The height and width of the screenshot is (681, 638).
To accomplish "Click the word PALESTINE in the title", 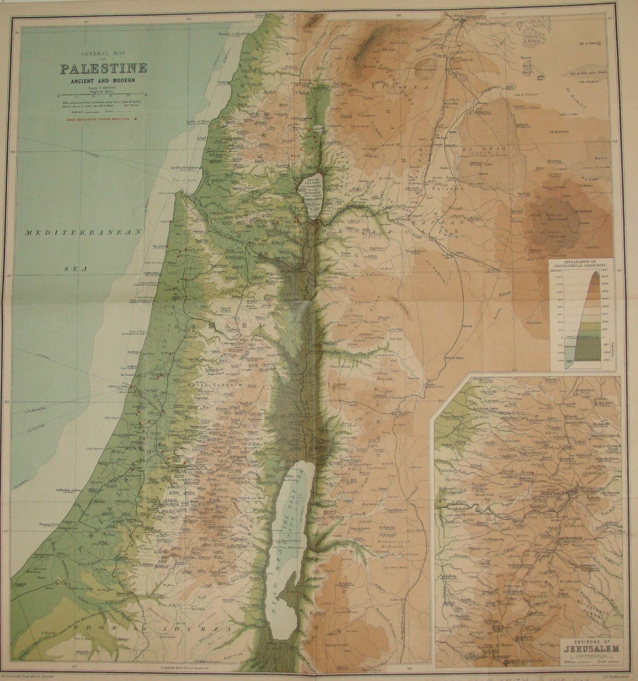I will pyautogui.click(x=103, y=68).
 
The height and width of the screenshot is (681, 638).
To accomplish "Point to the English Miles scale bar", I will pyautogui.click(x=102, y=94).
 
